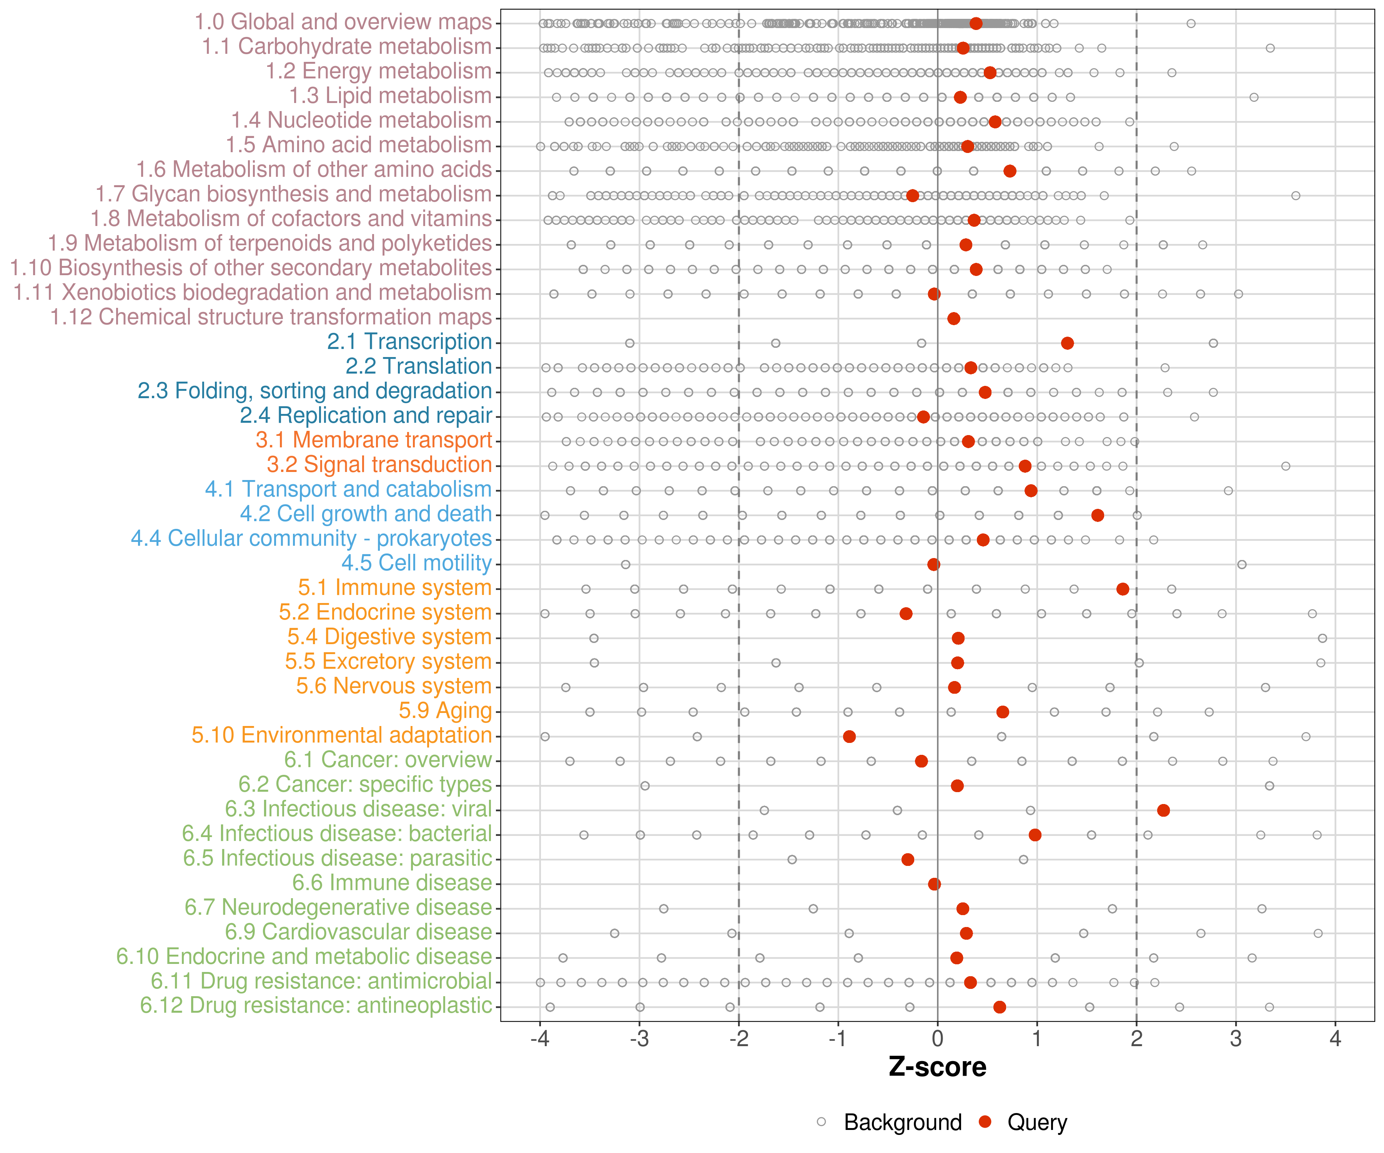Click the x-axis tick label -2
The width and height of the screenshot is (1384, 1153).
(x=738, y=1039)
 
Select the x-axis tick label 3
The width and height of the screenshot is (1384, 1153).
(x=1236, y=1039)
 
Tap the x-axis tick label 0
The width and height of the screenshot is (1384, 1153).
(x=937, y=1039)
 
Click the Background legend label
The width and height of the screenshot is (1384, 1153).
(x=903, y=1122)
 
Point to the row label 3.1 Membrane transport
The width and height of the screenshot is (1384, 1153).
(x=374, y=440)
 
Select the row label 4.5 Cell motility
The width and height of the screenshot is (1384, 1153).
(x=416, y=563)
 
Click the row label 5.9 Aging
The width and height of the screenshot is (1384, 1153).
(x=446, y=711)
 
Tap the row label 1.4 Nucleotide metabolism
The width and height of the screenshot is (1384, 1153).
(x=361, y=121)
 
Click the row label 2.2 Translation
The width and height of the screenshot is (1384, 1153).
(x=419, y=366)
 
